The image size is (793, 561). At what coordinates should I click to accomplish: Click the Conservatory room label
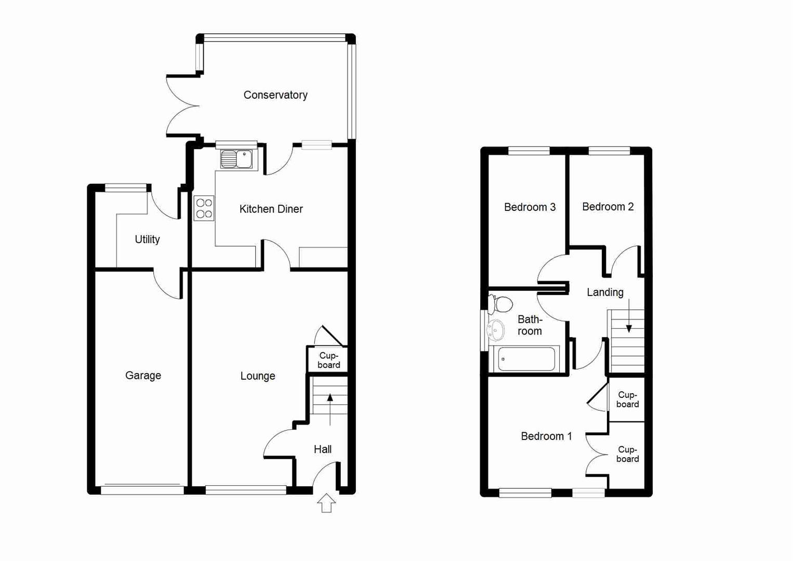275,95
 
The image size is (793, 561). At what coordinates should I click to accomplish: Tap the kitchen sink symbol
236,159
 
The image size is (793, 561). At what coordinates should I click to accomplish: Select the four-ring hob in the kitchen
204,208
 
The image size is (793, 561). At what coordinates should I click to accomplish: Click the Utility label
147,239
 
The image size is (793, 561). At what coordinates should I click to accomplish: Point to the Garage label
143,376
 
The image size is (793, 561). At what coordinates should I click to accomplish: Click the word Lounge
258,376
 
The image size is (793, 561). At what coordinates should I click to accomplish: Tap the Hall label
322,449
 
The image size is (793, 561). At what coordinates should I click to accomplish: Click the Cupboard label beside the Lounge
329,360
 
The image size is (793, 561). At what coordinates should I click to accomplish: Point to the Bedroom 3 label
530,207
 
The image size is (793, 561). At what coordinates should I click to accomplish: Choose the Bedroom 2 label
607,207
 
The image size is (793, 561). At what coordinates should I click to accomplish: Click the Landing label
605,292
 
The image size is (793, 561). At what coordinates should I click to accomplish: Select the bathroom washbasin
496,329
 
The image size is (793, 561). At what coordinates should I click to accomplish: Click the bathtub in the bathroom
526,359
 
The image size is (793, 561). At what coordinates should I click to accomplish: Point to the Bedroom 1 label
546,436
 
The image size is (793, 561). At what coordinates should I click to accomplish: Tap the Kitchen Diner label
271,209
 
